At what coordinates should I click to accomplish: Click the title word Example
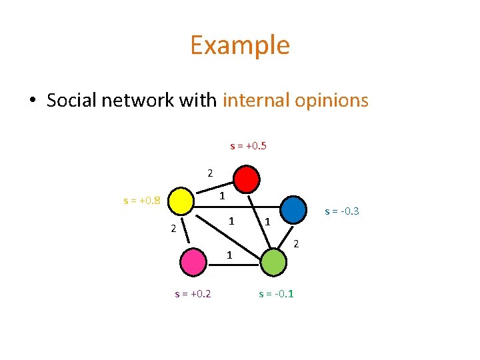(x=239, y=45)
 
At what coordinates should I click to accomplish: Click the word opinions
(x=335, y=100)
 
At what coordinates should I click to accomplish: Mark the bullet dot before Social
(x=31, y=101)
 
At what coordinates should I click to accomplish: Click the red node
(x=247, y=179)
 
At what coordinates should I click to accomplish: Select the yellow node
(x=181, y=199)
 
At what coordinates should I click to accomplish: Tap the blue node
(x=295, y=210)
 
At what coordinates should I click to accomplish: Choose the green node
(x=273, y=261)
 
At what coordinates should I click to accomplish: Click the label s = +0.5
(x=248, y=145)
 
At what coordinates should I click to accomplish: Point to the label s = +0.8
(x=142, y=199)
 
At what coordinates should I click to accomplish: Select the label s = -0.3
(x=342, y=211)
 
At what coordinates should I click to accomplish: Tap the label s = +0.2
(x=193, y=293)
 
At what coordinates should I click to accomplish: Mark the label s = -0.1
(x=276, y=293)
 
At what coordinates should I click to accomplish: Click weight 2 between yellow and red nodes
(x=209, y=173)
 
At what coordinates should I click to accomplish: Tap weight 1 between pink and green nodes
(x=229, y=254)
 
